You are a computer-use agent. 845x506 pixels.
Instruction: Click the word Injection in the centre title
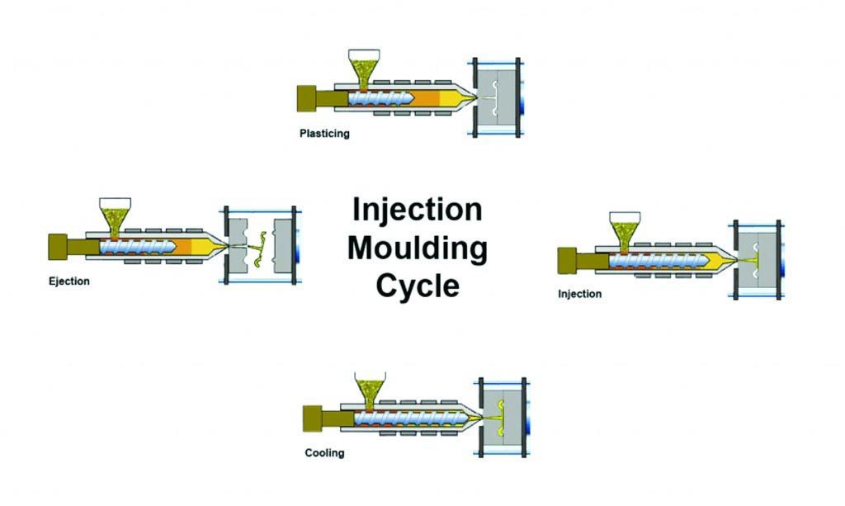[x=417, y=210]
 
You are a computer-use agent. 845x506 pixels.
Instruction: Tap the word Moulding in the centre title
[x=417, y=248]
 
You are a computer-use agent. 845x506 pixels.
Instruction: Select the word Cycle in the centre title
[x=417, y=286]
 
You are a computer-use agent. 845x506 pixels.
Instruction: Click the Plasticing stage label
[x=324, y=134]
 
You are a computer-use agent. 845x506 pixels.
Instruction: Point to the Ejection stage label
[x=69, y=281]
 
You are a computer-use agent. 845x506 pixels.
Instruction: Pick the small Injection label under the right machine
[x=580, y=294]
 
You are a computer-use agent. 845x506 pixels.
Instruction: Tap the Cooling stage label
[x=324, y=453]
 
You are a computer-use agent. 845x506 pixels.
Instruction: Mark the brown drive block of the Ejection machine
[x=58, y=246]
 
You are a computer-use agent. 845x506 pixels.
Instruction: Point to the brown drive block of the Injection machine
[x=568, y=260]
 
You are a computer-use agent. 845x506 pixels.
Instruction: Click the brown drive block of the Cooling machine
[x=314, y=416]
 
